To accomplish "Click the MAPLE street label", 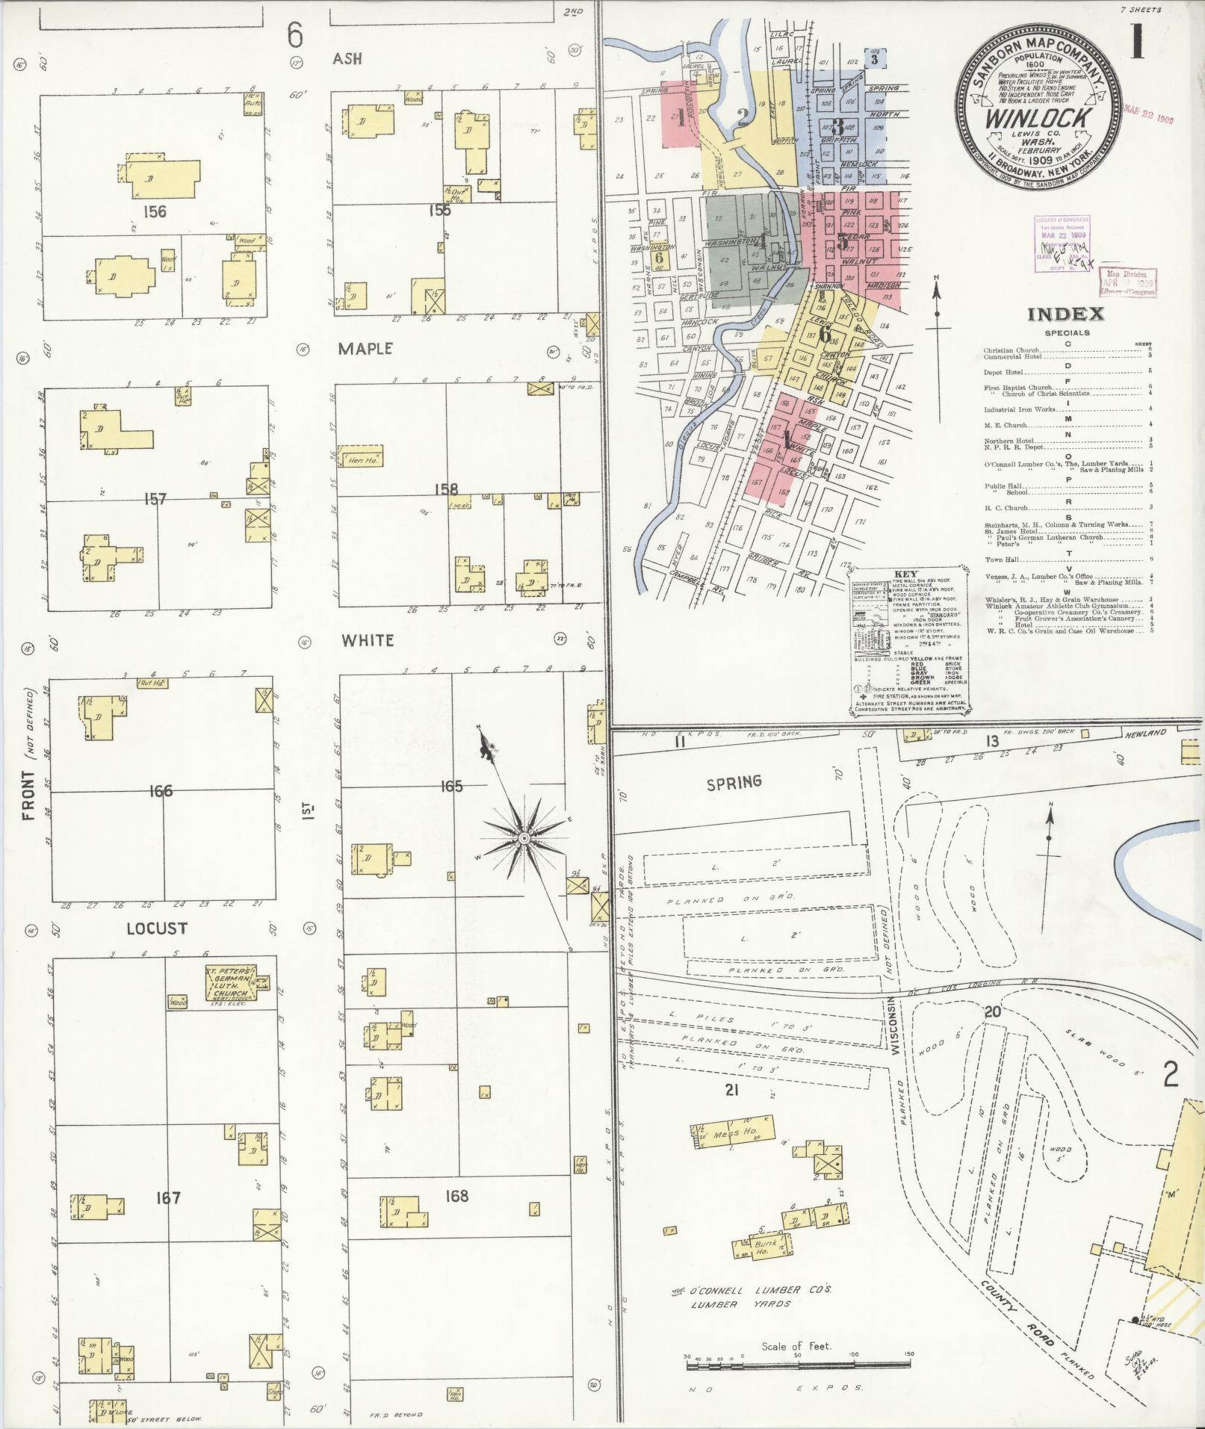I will (365, 349).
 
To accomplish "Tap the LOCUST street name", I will (156, 929).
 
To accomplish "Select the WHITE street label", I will (367, 640).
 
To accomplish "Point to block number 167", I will (168, 1198).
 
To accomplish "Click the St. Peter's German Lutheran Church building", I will (231, 985).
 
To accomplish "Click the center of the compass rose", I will (524, 840).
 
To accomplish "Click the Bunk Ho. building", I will (764, 1247).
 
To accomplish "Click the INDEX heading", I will (1066, 314).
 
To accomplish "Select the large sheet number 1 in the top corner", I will (1137, 41).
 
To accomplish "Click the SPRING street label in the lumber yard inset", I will (734, 781).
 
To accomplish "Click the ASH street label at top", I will (347, 58).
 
